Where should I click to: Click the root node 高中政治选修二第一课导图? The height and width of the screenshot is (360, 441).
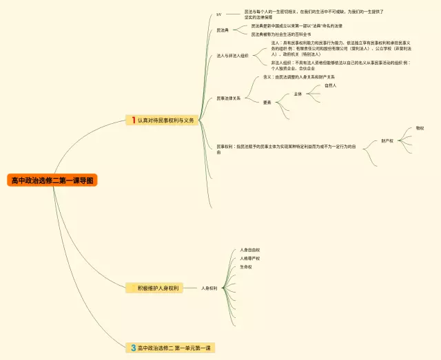point(53,181)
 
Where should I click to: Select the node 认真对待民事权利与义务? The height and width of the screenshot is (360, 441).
point(165,120)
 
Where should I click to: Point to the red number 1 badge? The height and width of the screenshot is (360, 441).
point(132,120)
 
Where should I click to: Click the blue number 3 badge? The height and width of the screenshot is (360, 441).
point(133,348)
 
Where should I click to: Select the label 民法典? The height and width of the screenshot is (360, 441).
point(223,30)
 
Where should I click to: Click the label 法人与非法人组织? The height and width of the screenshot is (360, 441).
point(232,55)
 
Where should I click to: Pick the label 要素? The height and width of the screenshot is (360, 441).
point(267,102)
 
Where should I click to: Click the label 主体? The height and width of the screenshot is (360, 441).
point(298,94)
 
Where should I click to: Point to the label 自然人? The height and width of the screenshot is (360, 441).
point(330,85)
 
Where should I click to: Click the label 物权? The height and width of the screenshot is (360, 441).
point(420,128)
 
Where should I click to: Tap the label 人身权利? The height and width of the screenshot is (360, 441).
point(209,288)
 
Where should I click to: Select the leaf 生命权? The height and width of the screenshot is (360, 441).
point(245,266)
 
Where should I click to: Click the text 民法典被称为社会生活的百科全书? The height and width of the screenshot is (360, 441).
point(280,34)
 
